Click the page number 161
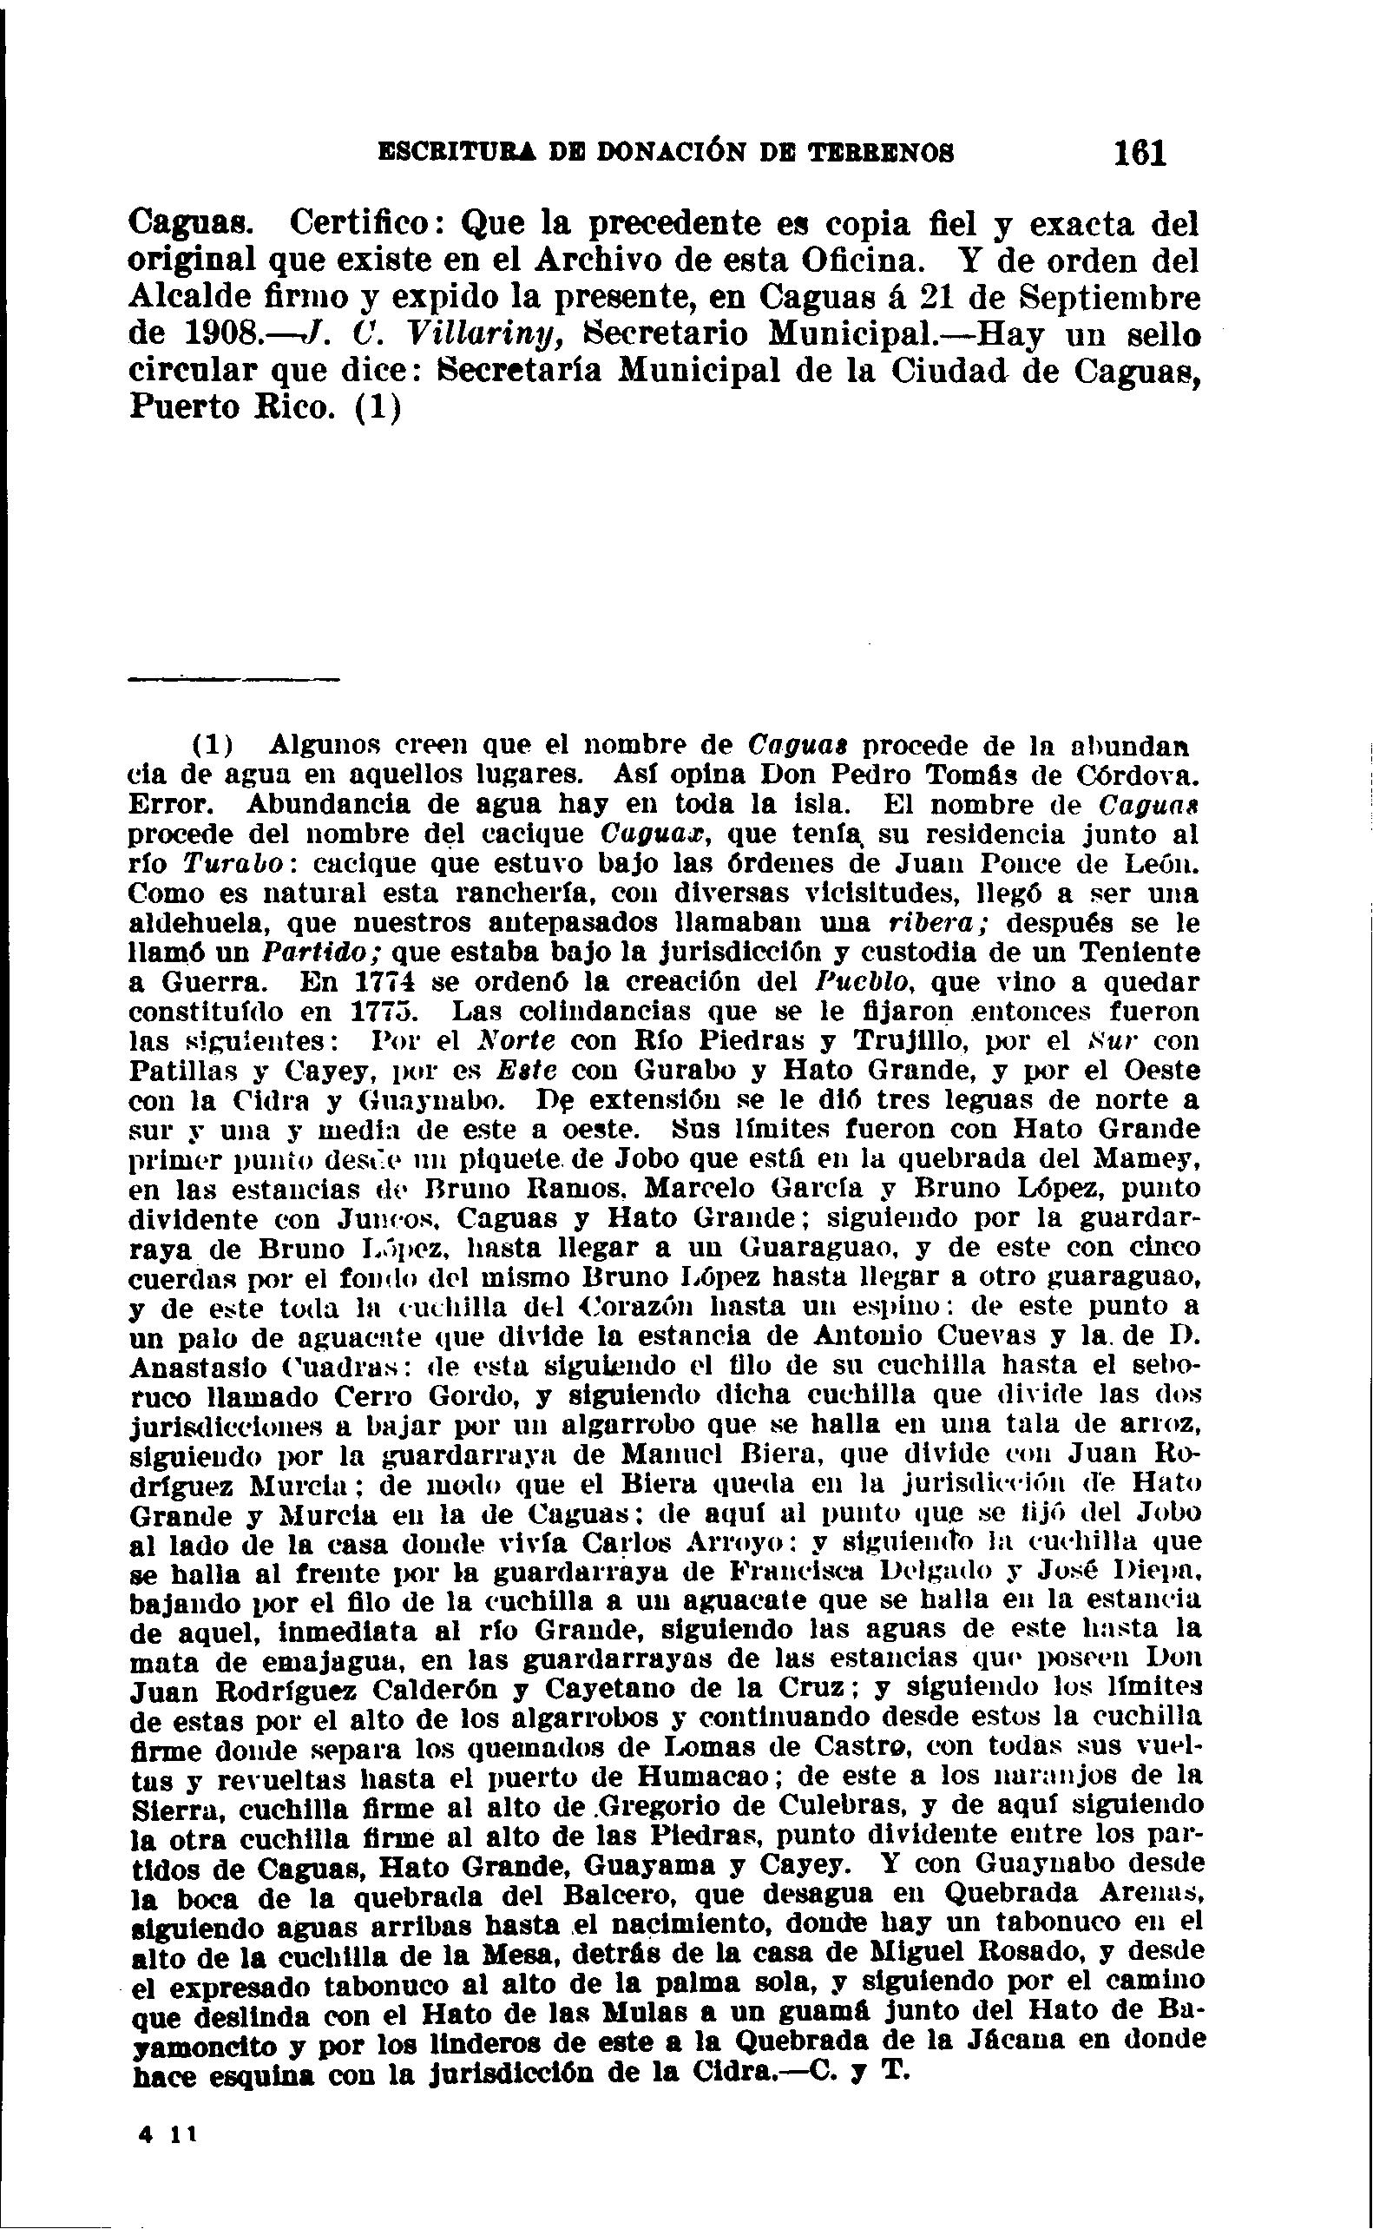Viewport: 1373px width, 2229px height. [x=1140, y=152]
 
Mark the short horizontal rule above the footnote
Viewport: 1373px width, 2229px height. [x=233, y=678]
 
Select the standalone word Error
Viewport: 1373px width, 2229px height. [x=172, y=805]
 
